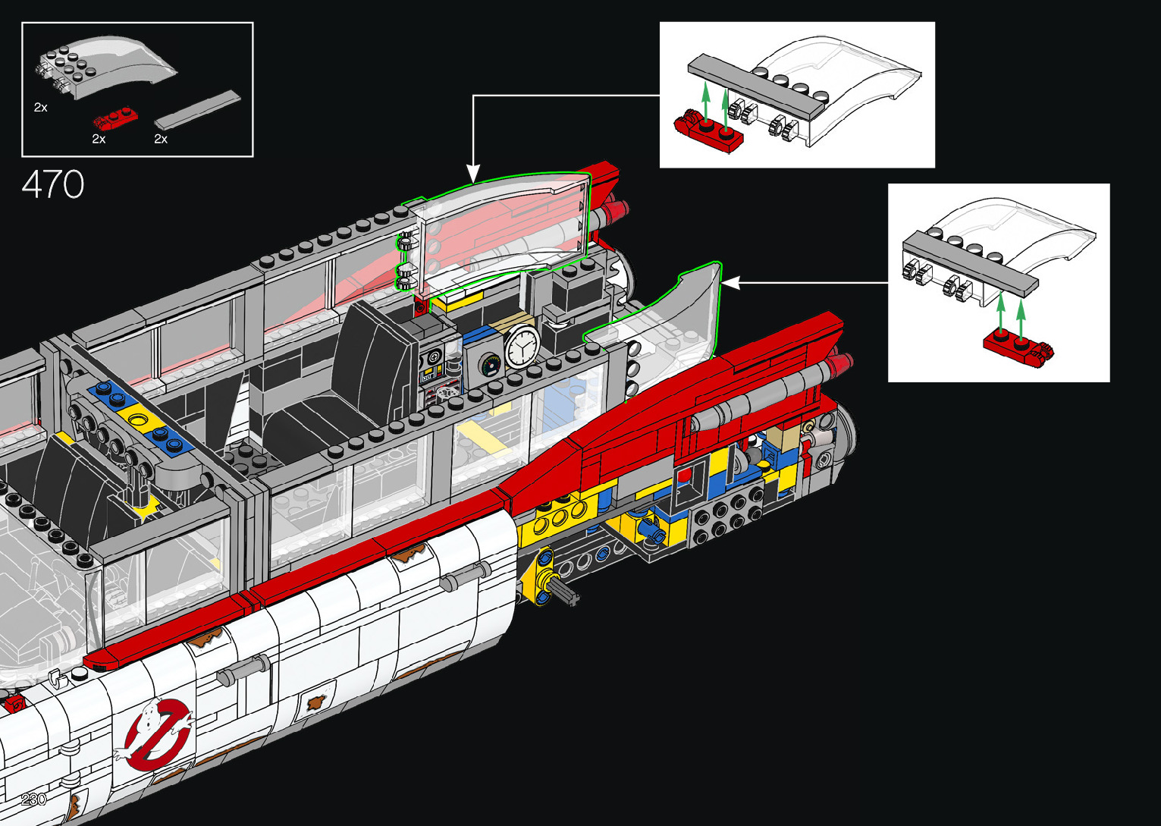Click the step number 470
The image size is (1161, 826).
tap(52, 184)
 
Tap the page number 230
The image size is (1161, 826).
tap(33, 799)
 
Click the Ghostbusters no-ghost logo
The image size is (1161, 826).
tap(156, 734)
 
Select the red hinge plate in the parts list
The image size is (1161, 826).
tap(115, 119)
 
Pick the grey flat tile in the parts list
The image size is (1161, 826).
tap(197, 110)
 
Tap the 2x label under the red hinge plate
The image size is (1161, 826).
tap(99, 139)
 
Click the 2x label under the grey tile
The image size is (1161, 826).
tap(161, 139)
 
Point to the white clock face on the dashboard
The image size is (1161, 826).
tap(522, 347)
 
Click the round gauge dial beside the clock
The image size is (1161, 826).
tap(489, 365)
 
